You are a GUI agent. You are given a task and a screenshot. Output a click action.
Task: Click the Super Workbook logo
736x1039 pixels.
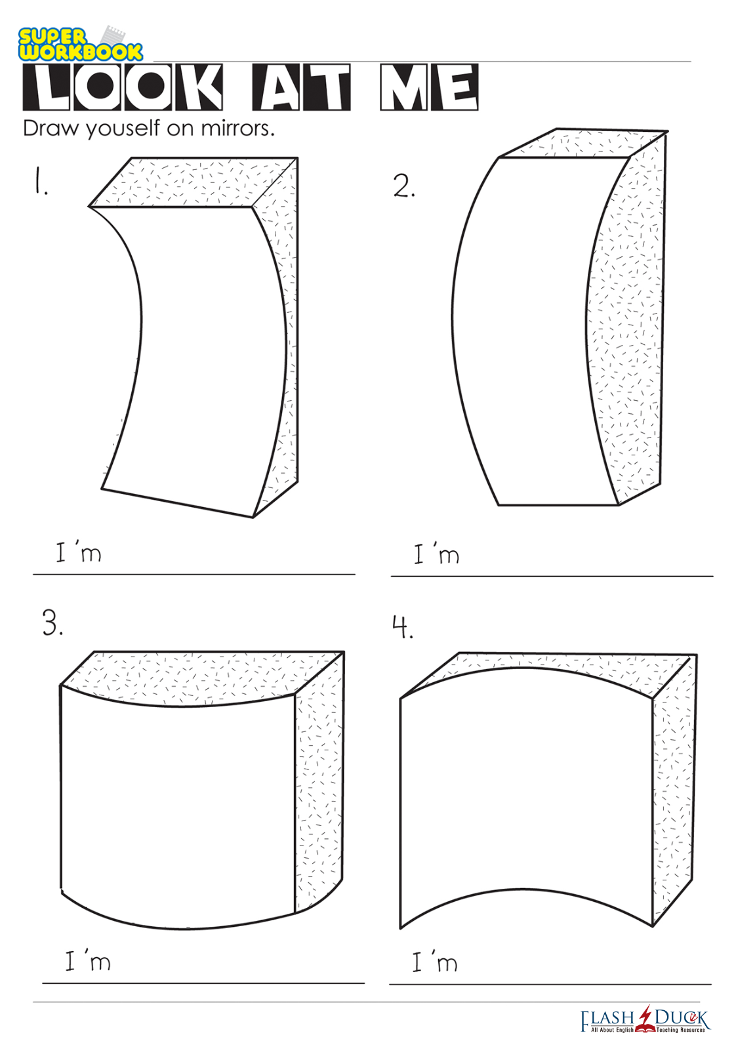(80, 43)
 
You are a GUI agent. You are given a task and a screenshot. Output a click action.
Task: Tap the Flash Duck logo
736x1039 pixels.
(645, 1019)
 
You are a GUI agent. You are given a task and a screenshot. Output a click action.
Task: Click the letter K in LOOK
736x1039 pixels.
(198, 88)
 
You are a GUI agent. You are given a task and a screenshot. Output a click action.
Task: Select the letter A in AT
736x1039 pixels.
(277, 88)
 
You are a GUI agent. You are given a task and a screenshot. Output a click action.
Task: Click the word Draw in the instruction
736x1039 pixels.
(50, 129)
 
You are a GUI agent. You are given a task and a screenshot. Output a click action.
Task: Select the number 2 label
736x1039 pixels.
(404, 186)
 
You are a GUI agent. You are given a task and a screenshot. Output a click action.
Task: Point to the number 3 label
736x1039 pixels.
(52, 623)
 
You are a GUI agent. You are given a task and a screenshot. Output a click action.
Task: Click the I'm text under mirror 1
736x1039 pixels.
(78, 552)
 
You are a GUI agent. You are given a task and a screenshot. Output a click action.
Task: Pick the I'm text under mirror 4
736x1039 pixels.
(435, 962)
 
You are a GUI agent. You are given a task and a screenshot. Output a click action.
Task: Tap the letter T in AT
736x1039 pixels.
(327, 88)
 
